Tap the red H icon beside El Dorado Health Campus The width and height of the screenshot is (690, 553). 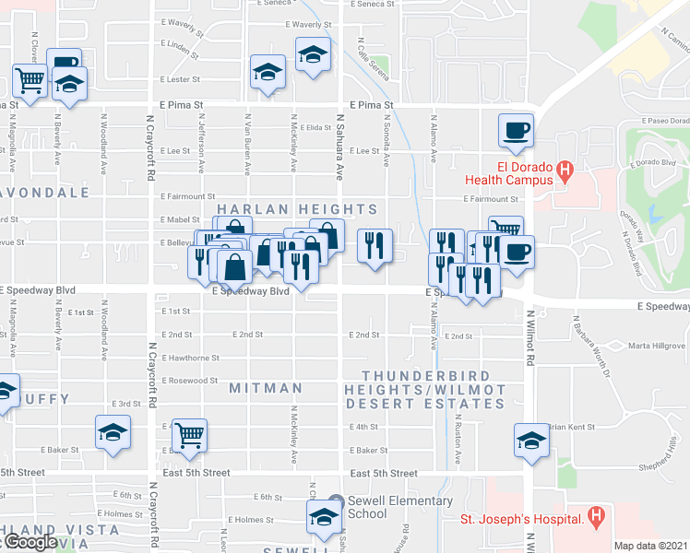[x=567, y=170]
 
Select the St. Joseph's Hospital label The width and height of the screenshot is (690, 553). [x=521, y=520]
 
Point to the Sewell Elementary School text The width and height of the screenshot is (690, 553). [x=400, y=507]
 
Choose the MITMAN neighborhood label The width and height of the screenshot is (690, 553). [x=265, y=388]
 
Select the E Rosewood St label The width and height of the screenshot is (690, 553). [x=189, y=380]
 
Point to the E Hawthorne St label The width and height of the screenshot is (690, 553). [x=190, y=358]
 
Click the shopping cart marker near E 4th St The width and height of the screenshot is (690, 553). [x=189, y=434]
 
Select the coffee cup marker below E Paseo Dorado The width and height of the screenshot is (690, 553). [x=516, y=129]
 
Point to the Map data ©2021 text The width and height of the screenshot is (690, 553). [x=651, y=546]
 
